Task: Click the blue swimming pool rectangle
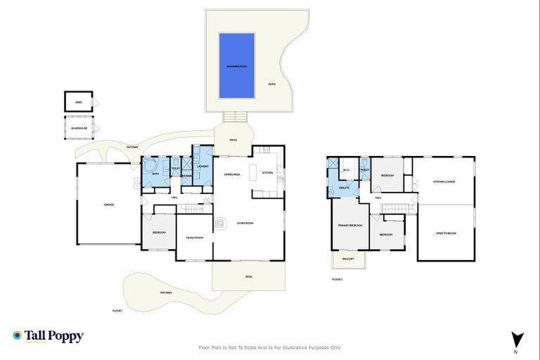click(x=236, y=65)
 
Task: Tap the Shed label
click(x=79, y=102)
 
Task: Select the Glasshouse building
click(x=79, y=128)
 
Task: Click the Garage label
click(x=109, y=205)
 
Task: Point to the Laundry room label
click(x=202, y=167)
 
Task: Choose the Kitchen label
click(x=267, y=172)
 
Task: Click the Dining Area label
click(x=233, y=174)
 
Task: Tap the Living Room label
click(x=245, y=224)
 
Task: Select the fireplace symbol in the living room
click(x=220, y=224)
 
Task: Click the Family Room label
click(x=194, y=238)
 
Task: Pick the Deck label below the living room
click(x=248, y=276)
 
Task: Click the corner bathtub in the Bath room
click(x=150, y=165)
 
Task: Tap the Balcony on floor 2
click(x=348, y=259)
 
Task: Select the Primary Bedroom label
click(x=350, y=225)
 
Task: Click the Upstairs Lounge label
click(x=444, y=181)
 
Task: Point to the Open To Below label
click(x=446, y=233)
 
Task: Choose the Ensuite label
click(x=345, y=188)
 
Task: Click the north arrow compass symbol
click(x=517, y=339)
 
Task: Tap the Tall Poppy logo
click(x=48, y=336)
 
